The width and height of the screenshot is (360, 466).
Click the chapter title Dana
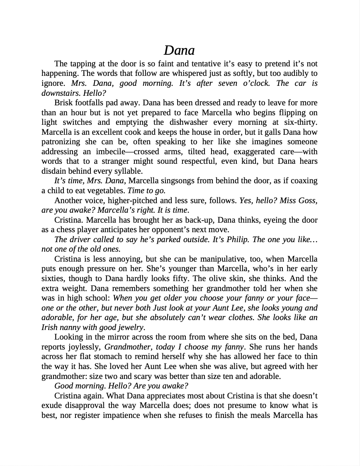pyautogui.click(x=179, y=50)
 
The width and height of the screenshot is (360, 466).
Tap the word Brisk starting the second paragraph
pyautogui.click(x=63, y=103)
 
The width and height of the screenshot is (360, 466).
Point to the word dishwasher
pyautogui.click(x=186, y=122)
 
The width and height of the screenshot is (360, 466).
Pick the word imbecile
pyautogui.click(x=111, y=152)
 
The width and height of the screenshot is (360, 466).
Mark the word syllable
pyautogui.click(x=129, y=171)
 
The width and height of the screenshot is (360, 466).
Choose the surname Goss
pyautogui.click(x=308, y=201)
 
